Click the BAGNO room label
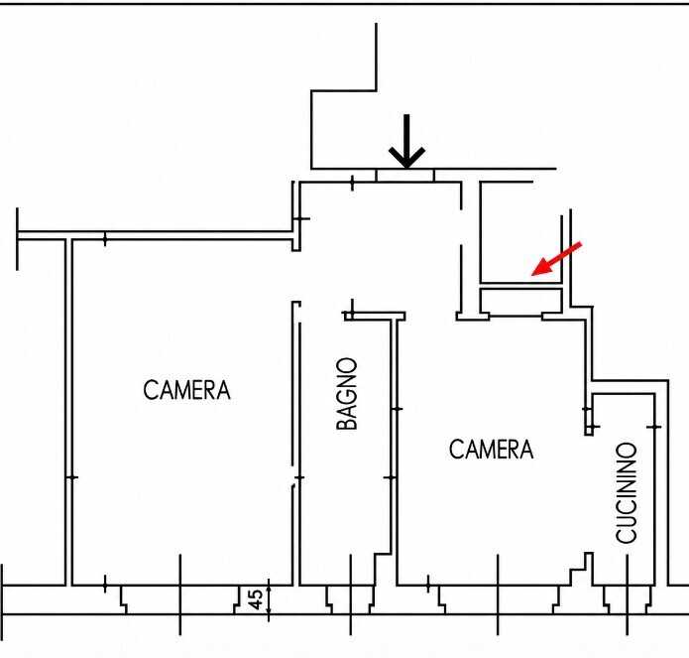(347, 393)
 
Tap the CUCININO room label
(626, 492)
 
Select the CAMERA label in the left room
(186, 390)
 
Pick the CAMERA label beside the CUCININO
(492, 449)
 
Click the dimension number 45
(256, 599)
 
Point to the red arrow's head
(541, 267)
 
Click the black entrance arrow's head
(406, 157)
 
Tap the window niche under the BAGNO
(351, 599)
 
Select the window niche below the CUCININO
(628, 599)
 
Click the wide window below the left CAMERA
(180, 599)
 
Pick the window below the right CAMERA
(499, 599)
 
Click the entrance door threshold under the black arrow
(405, 175)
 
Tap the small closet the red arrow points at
(521, 232)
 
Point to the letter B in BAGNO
(347, 422)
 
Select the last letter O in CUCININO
(626, 451)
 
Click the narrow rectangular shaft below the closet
(521, 302)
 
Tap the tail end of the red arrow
(581, 243)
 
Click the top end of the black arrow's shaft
(406, 115)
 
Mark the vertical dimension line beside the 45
(269, 599)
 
